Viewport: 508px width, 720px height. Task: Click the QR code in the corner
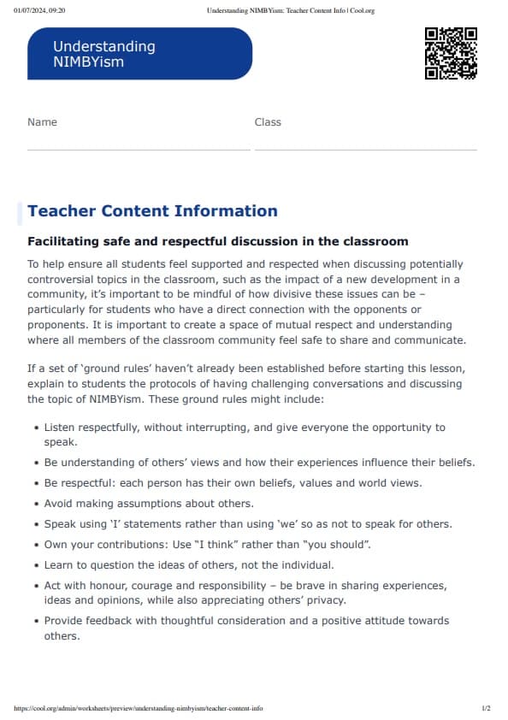click(x=451, y=53)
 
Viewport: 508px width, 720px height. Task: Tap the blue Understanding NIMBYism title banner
click(x=139, y=54)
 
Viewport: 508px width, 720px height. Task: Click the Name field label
click(x=42, y=122)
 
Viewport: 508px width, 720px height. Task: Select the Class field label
click(x=268, y=122)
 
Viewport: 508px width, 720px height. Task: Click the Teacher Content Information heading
click(x=152, y=211)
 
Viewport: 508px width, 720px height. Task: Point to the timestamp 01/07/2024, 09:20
click(x=39, y=10)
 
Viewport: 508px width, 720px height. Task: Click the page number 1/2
click(x=486, y=709)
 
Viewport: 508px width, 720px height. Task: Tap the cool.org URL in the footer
click(x=139, y=709)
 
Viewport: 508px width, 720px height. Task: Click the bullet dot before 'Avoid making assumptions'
click(x=35, y=504)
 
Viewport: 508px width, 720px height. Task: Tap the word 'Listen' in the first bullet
click(x=60, y=427)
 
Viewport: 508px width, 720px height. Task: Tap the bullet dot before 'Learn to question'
click(x=35, y=565)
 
